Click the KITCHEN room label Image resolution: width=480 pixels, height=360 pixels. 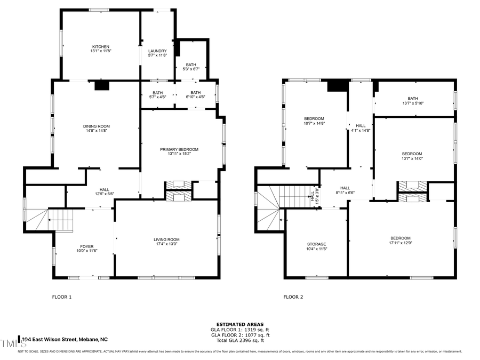point(100,46)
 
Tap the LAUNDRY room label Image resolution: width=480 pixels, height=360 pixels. point(157,51)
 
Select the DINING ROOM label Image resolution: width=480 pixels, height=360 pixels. point(96,126)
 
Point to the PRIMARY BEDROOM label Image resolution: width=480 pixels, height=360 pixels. point(179,149)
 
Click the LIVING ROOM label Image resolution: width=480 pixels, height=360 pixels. point(166,239)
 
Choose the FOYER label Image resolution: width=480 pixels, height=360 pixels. point(86,246)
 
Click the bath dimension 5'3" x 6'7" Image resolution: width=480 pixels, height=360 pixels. point(190,69)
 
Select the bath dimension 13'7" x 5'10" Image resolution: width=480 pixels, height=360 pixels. point(413,103)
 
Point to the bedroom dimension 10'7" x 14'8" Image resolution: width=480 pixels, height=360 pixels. point(314,123)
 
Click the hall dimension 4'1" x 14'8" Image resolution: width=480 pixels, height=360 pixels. point(360,130)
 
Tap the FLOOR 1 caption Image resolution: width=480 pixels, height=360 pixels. point(61,297)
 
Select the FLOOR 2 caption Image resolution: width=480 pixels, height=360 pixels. point(293,297)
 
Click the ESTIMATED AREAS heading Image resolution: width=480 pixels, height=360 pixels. point(239,324)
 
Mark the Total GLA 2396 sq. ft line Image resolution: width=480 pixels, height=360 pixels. point(239,340)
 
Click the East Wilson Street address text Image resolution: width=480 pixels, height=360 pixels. point(64,339)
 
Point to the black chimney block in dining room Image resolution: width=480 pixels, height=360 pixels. point(101,85)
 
